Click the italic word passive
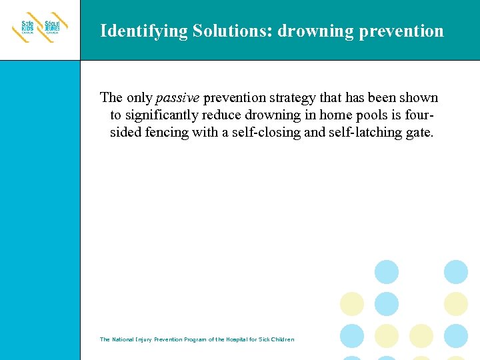(177, 98)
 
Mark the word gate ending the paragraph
(420, 133)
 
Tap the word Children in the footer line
(281, 339)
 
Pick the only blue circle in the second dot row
(387, 303)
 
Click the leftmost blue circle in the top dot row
(387, 271)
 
